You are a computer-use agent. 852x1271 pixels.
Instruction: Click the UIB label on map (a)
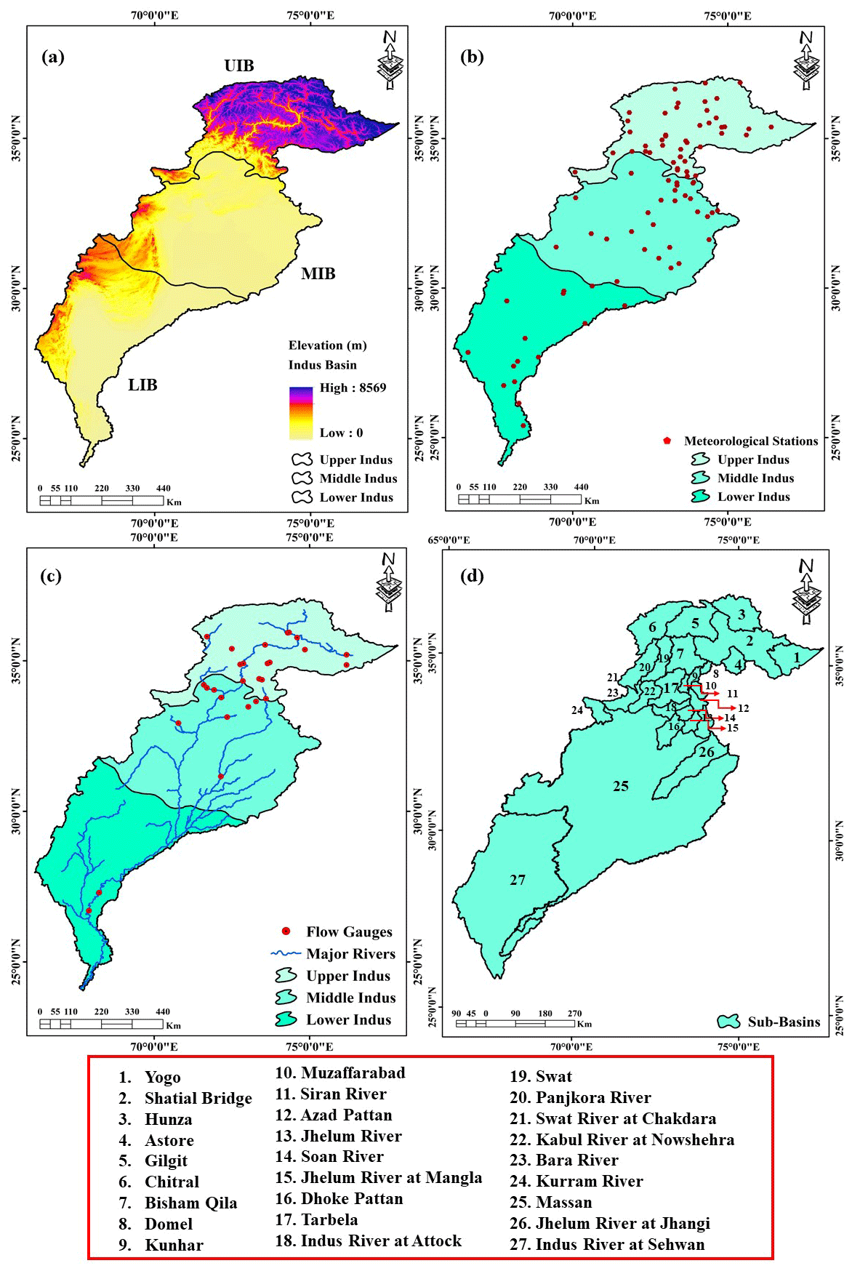pos(239,66)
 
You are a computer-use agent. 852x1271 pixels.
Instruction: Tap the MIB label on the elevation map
pos(318,274)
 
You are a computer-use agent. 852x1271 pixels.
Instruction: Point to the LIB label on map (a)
pos(142,385)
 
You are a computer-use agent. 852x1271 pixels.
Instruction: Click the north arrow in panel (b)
pos(805,60)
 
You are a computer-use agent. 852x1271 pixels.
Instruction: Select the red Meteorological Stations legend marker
pos(667,441)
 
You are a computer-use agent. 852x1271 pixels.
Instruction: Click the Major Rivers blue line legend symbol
pos(286,953)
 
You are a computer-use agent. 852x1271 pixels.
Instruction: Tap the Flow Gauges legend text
pos(349,932)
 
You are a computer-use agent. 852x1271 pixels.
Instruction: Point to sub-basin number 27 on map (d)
pos(517,880)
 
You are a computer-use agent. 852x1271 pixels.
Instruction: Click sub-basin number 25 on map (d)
pos(620,786)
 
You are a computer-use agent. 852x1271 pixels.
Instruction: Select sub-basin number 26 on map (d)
pos(706,752)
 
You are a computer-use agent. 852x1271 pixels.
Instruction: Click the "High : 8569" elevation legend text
pos(353,388)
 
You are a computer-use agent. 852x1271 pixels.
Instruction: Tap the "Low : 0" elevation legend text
pos(341,433)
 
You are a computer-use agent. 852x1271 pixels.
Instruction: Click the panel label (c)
pos(50,576)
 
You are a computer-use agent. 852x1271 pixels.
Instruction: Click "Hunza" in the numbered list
pos(168,1120)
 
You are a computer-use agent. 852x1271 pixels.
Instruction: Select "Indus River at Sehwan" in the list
pos(619,1244)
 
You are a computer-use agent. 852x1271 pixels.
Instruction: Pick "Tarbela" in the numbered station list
pos(329,1219)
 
